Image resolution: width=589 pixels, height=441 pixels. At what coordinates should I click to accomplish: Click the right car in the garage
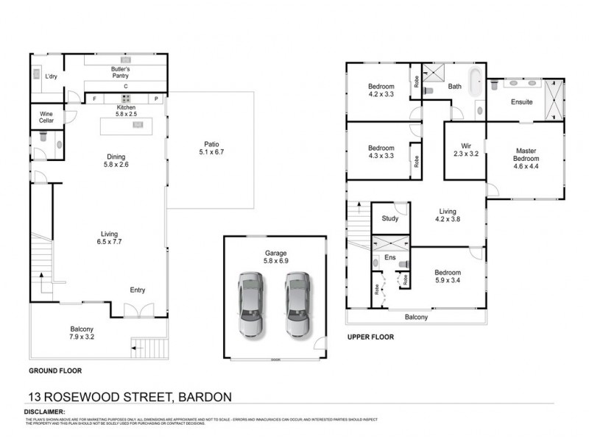[x=297, y=304]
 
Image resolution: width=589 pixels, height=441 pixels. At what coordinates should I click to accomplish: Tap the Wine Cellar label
[x=46, y=118]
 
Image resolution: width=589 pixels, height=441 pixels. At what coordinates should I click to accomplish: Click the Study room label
[x=389, y=218]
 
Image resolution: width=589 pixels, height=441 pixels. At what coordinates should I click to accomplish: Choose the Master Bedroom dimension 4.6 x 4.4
[x=526, y=167]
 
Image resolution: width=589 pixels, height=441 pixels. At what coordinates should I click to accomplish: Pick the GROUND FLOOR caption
[x=54, y=371]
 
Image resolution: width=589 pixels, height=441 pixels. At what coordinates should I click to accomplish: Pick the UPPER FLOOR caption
[x=370, y=337]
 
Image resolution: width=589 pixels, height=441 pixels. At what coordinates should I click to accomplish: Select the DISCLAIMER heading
[x=45, y=412]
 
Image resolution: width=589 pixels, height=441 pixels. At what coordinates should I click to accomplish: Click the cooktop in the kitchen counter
[x=125, y=99]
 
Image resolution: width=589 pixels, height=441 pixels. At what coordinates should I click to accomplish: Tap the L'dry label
[x=52, y=76]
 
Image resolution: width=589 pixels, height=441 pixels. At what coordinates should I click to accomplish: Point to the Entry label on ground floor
[x=137, y=290]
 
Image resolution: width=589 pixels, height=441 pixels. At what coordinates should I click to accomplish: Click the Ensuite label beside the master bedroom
[x=522, y=102]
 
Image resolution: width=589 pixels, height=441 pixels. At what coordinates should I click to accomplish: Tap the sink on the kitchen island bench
[x=138, y=126]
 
